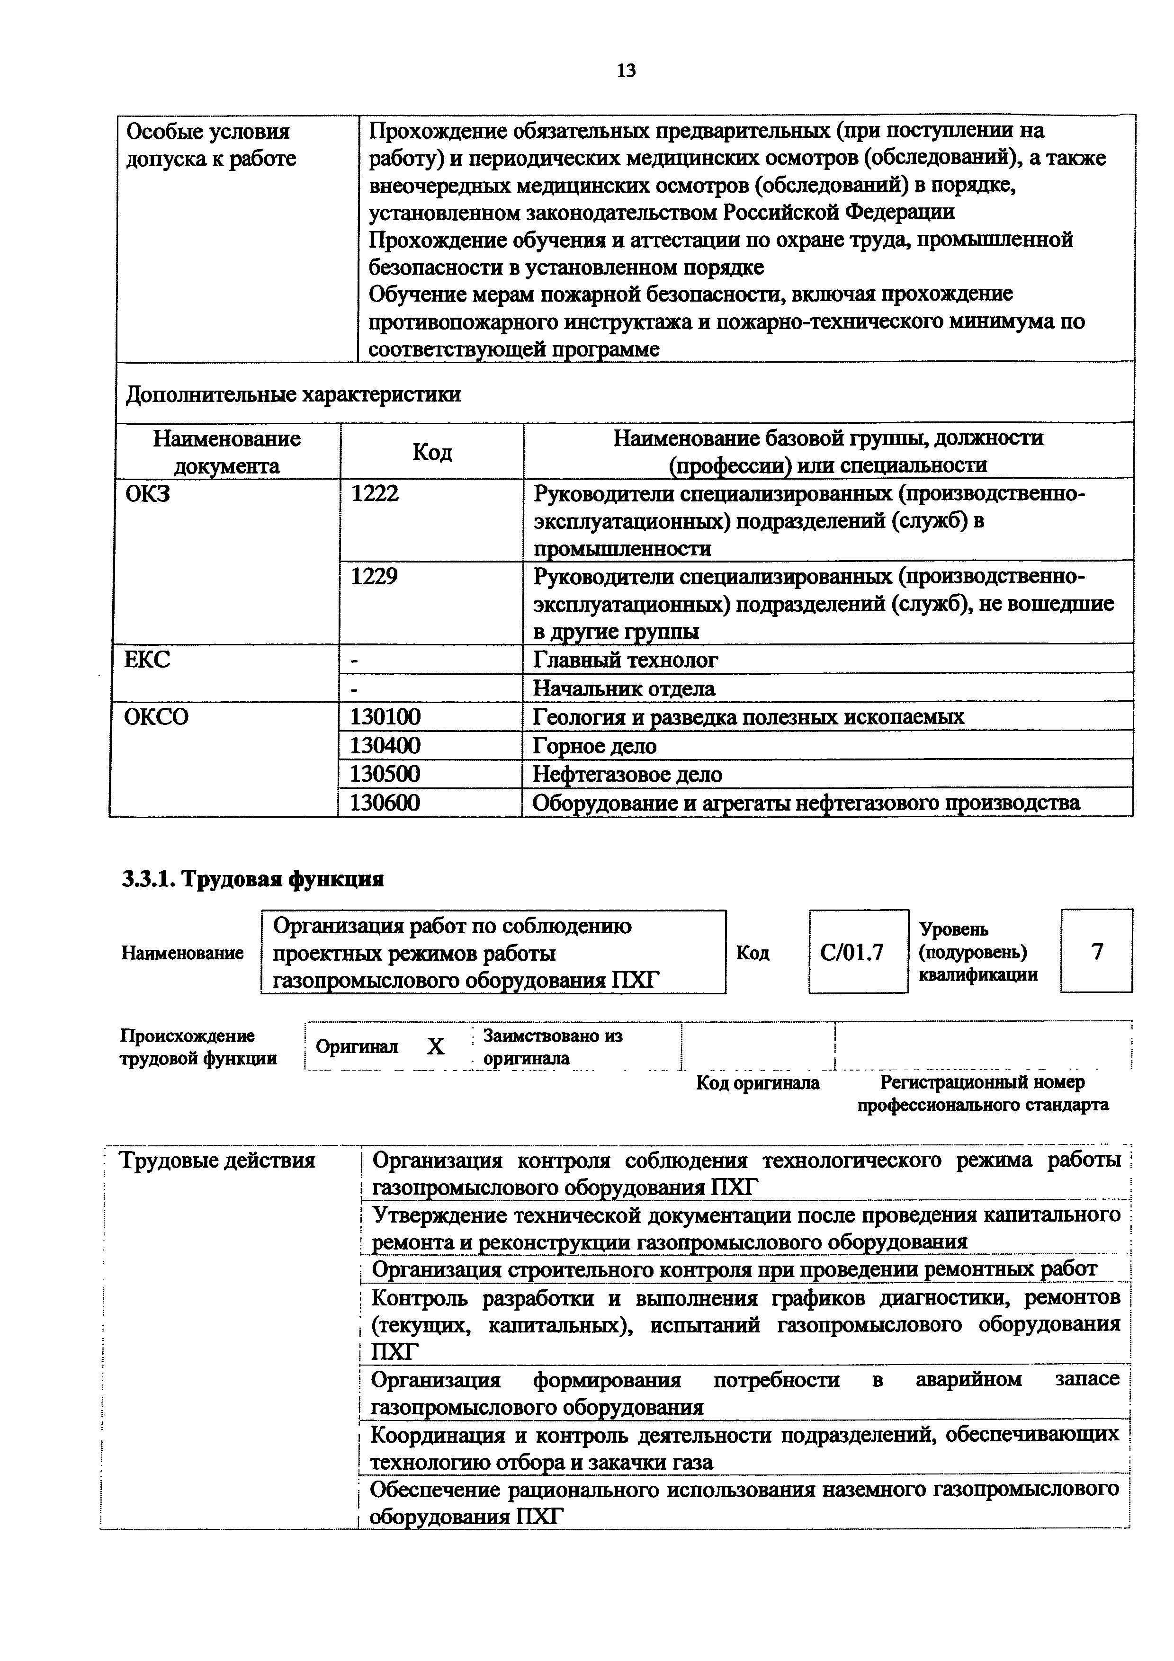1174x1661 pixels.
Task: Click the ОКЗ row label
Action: click(x=148, y=495)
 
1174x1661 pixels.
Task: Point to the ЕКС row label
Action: click(x=148, y=660)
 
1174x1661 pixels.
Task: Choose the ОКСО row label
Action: click(x=156, y=717)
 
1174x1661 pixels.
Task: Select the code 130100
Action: click(x=385, y=717)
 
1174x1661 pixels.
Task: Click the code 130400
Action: click(x=385, y=745)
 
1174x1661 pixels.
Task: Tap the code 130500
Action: click(x=385, y=774)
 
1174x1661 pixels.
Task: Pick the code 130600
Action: click(x=385, y=803)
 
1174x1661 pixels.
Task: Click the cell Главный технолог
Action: click(x=626, y=660)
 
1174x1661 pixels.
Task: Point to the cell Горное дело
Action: click(x=595, y=745)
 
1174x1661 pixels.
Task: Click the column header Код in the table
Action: click(x=432, y=452)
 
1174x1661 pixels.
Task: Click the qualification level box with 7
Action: click(x=1097, y=951)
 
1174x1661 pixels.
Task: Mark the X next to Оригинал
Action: click(x=436, y=1047)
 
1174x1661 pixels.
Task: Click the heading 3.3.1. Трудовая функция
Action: click(x=252, y=879)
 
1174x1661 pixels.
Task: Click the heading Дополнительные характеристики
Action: click(x=293, y=395)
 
